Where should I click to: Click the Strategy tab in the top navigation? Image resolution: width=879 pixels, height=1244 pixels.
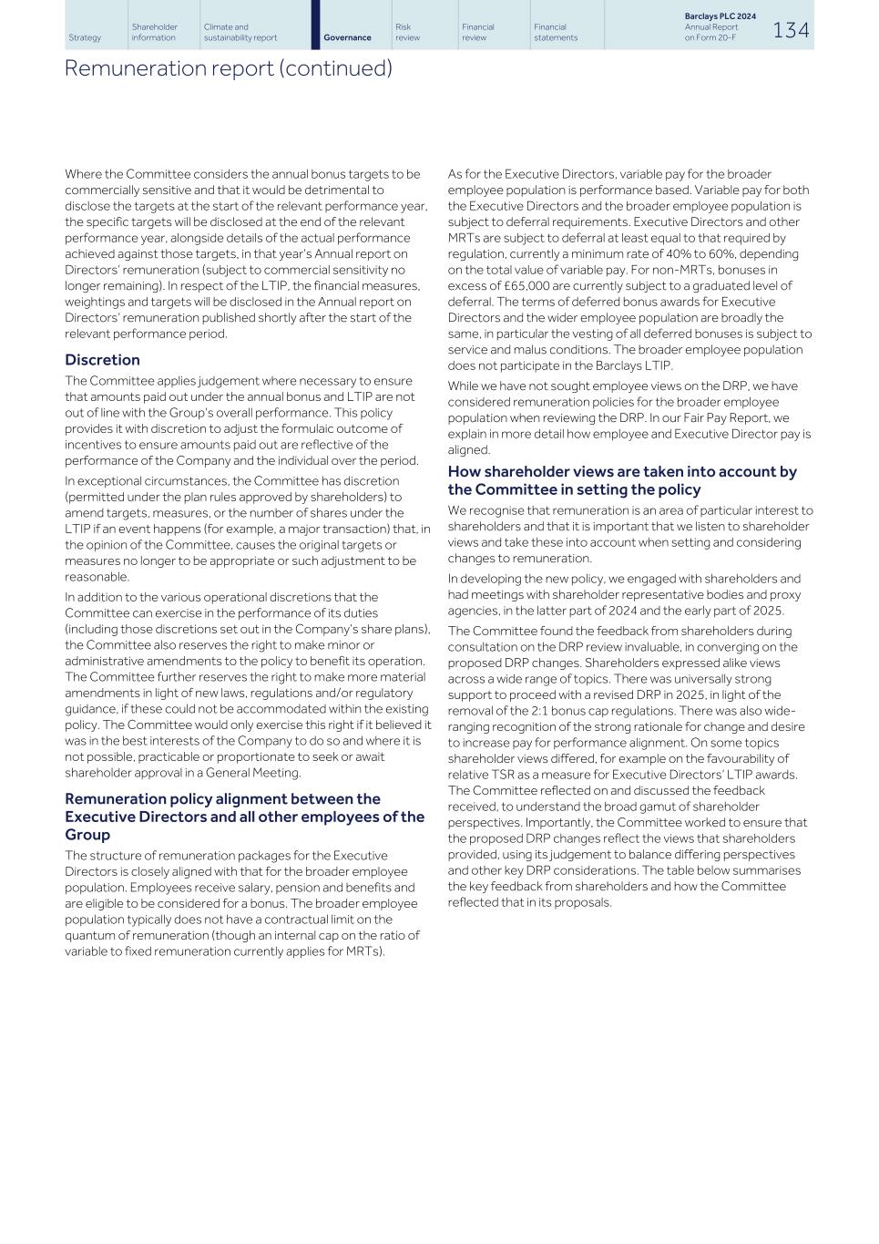coord(85,37)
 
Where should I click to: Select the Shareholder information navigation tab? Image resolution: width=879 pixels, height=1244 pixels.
coord(154,32)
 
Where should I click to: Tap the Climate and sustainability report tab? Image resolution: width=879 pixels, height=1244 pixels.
coord(240,32)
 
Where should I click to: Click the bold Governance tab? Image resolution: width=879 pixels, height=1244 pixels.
coord(347,37)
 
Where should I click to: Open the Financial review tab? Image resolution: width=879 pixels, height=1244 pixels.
coord(477,32)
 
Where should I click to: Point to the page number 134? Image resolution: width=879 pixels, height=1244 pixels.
coord(791,30)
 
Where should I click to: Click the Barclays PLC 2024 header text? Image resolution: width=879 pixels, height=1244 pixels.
coord(720,16)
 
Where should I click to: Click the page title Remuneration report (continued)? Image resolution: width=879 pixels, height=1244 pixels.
coord(228,68)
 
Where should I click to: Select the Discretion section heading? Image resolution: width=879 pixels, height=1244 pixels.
coord(102,360)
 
